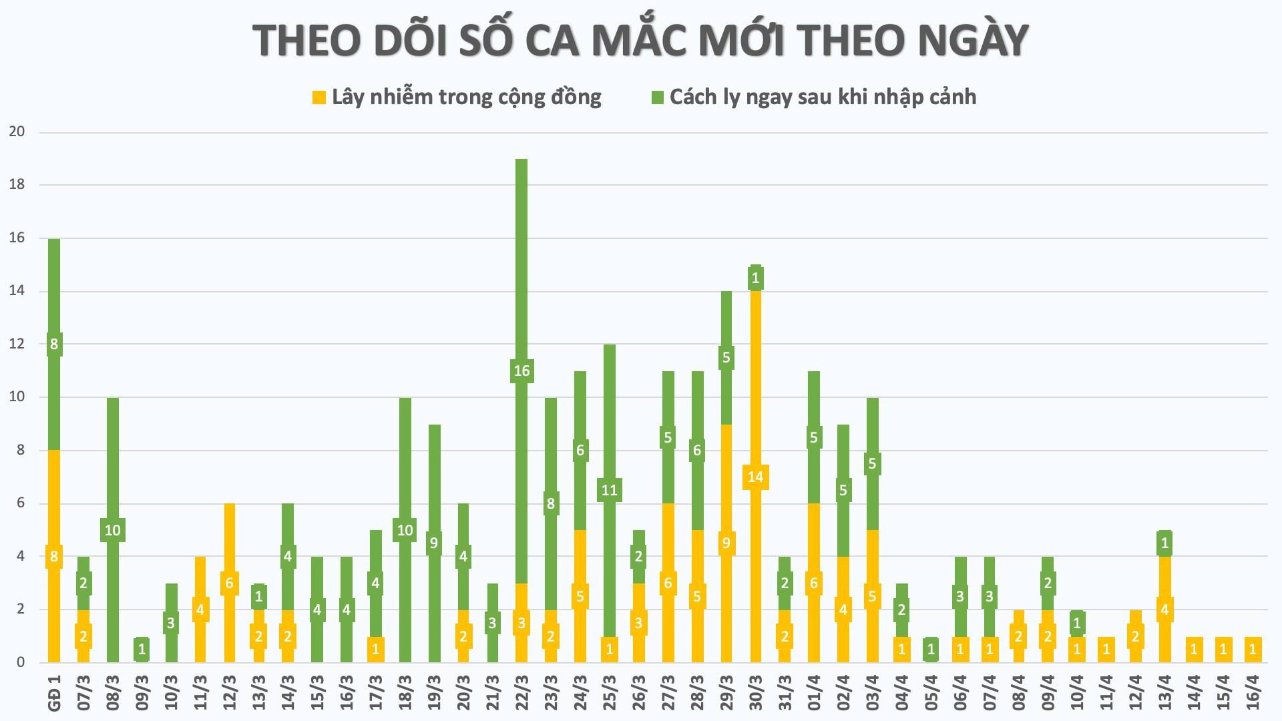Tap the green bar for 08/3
coord(113,467)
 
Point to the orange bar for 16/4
coord(1253,650)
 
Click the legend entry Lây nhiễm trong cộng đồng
coord(466,97)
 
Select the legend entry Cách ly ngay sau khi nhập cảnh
coord(823,97)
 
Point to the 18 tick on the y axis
coord(17,185)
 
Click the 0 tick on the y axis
coord(21,662)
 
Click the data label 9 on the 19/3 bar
coord(434,543)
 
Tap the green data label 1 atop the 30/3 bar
coord(756,278)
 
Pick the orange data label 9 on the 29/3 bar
coord(726,543)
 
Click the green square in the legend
coord(658,97)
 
